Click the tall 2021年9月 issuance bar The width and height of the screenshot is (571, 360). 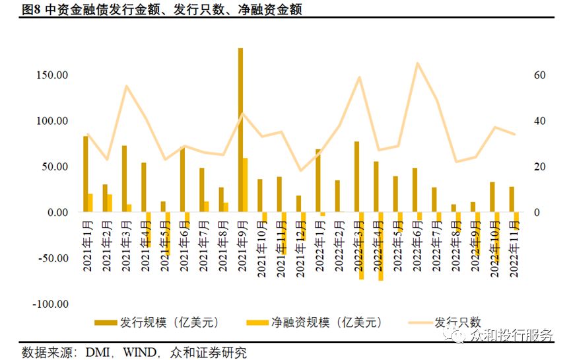tap(240, 129)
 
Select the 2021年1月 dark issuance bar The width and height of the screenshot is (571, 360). tap(86, 174)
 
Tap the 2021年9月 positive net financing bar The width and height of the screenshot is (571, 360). tap(245, 185)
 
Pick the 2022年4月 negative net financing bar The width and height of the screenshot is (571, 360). tap(380, 246)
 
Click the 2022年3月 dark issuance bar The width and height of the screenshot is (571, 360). tap(356, 177)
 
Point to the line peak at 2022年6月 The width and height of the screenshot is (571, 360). tap(418, 63)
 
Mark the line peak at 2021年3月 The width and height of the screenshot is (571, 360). tap(126, 87)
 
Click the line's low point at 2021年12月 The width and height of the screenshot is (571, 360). tap(300, 170)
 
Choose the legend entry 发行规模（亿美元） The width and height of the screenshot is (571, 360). tap(157, 322)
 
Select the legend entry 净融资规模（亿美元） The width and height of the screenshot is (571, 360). tap(314, 322)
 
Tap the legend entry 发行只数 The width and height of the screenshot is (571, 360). tap(445, 322)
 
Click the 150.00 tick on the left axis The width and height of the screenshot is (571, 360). tap(52, 75)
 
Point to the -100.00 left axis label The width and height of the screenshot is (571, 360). tap(50, 304)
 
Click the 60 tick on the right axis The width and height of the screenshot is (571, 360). tap(540, 75)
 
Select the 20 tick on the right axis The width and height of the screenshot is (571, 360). tap(540, 166)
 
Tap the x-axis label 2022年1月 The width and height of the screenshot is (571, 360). tap(319, 246)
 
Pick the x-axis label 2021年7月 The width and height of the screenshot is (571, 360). tap(203, 246)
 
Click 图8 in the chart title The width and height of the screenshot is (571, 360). tap(31, 9)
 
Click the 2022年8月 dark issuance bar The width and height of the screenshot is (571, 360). tap(453, 208)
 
